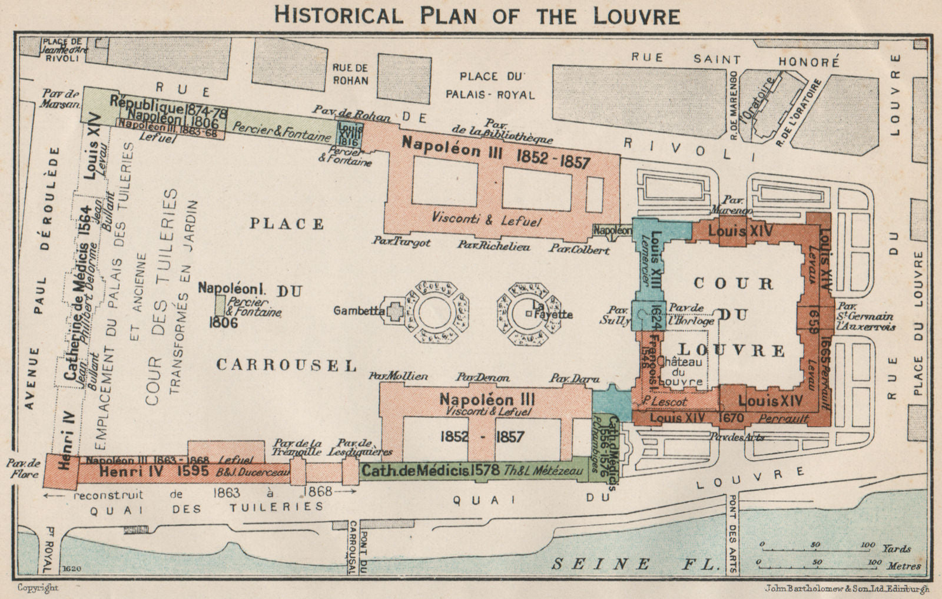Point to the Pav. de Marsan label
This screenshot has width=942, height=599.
(x=61, y=98)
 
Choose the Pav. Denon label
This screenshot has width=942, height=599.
(x=483, y=378)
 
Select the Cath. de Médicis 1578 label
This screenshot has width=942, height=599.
(x=430, y=471)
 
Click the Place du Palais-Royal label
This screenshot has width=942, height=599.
(x=498, y=85)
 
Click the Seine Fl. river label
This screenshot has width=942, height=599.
(x=636, y=564)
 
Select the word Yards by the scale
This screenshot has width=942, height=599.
(x=897, y=548)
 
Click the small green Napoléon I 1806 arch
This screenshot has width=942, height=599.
(x=220, y=305)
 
